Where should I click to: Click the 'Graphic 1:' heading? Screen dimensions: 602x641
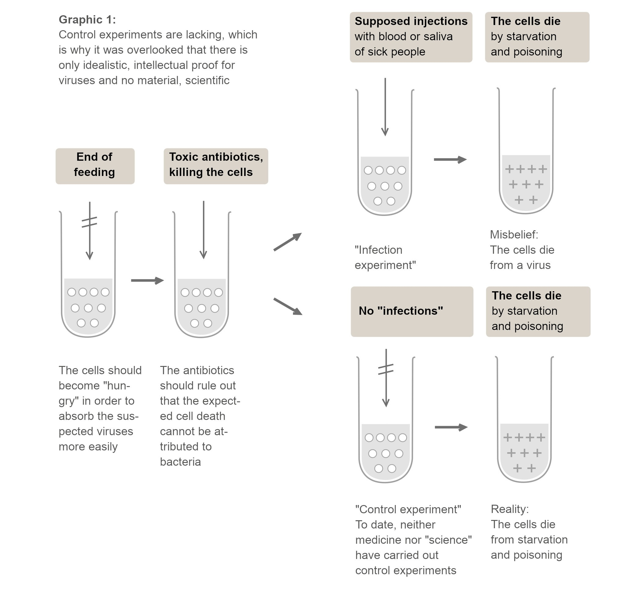[87, 20]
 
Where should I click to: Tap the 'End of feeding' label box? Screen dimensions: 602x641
[95, 166]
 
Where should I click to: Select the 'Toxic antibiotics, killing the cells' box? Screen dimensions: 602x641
[216, 166]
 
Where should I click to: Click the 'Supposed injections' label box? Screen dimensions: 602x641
[411, 37]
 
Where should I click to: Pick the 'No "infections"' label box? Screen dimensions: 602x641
[412, 311]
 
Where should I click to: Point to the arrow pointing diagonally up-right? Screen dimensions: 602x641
[288, 242]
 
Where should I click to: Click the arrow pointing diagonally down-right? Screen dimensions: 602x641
[288, 306]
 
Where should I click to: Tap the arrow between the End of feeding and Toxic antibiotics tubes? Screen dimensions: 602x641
[147, 281]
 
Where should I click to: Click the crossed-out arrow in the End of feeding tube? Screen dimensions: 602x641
[90, 230]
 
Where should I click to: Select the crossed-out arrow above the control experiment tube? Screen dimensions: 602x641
[386, 378]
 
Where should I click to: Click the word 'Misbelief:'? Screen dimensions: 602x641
[514, 235]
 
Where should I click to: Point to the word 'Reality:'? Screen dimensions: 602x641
[509, 509]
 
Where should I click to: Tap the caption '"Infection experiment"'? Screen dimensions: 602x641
[385, 258]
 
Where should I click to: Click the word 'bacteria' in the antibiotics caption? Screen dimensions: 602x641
[180, 462]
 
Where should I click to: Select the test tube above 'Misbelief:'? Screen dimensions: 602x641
[526, 151]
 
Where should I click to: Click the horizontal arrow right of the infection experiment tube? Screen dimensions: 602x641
[450, 159]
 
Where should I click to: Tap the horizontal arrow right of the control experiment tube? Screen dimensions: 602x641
[451, 428]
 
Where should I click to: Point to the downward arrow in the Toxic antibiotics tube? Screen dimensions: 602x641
[204, 230]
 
